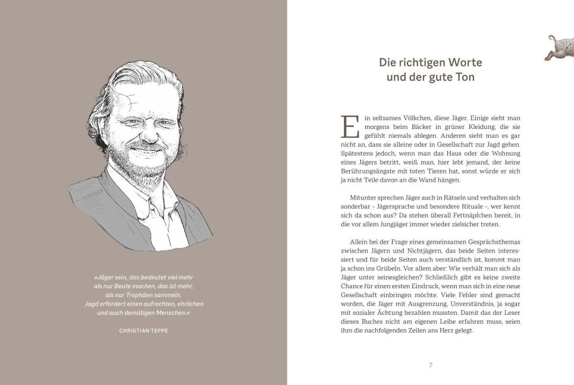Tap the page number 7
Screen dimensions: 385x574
tap(430, 365)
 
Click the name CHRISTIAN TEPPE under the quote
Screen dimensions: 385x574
tap(143, 330)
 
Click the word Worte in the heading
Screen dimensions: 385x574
tap(464, 62)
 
